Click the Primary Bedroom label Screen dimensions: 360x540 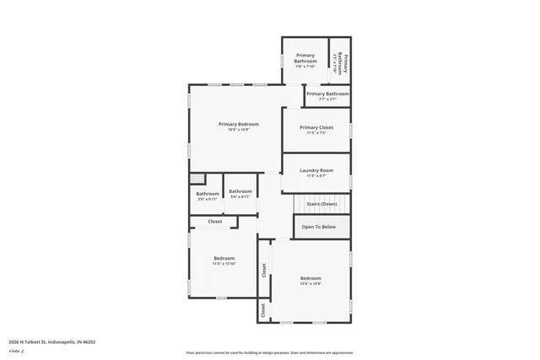tap(238, 124)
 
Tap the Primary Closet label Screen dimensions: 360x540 tap(316, 127)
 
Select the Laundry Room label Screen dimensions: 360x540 tap(316, 170)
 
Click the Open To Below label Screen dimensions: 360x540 tap(319, 227)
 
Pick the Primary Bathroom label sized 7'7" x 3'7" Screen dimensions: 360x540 tap(327, 94)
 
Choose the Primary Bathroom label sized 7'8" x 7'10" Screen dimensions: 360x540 tap(305, 59)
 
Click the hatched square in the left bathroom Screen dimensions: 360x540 tap(197, 178)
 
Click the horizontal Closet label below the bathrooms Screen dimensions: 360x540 tap(214, 222)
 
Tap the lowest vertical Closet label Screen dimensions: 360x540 tap(263, 311)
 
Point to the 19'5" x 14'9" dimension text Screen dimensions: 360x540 tap(238, 130)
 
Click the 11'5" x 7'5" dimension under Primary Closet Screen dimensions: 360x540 tap(316, 133)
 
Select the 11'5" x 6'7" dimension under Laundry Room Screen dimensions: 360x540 tap(316, 176)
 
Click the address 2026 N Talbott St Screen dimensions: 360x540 tap(52, 342)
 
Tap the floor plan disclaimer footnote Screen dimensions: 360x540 tap(270, 352)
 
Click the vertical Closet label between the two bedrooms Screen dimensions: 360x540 tap(264, 270)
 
